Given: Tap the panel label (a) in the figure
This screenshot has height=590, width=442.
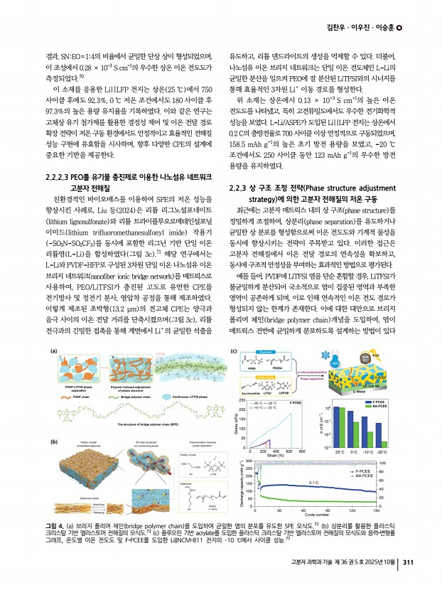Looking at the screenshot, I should pyautogui.click(x=53, y=350).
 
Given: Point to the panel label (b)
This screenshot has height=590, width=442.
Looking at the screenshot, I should pyautogui.click(x=53, y=422).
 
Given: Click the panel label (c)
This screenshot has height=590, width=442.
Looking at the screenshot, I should pyautogui.click(x=234, y=350).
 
